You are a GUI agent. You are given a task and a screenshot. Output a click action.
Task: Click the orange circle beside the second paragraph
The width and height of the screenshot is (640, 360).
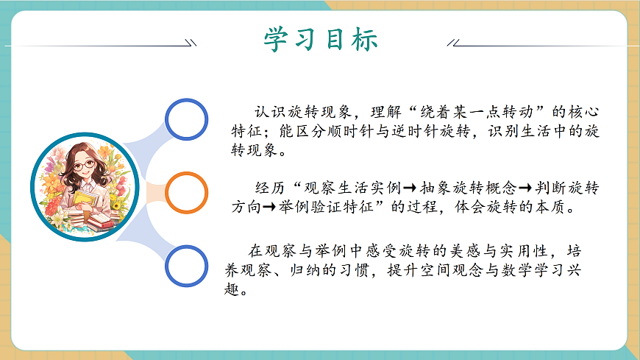[x=187, y=193]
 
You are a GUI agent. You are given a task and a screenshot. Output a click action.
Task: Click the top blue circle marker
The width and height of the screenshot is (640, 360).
[x=187, y=119]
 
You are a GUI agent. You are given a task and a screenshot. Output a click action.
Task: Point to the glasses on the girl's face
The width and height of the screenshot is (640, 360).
[x=84, y=166]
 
